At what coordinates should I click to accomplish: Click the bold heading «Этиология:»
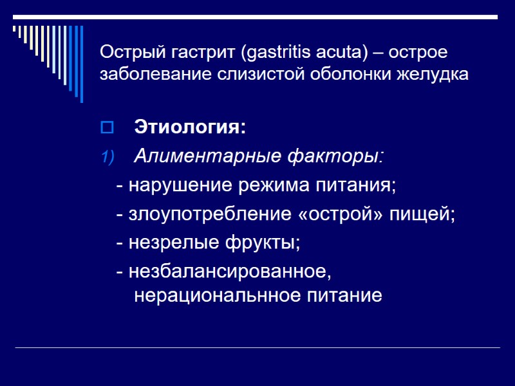tap(190, 127)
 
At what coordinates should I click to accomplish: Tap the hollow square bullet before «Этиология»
tap(106, 127)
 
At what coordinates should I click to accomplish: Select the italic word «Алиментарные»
tap(198, 156)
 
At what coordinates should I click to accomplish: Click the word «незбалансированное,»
tap(230, 272)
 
